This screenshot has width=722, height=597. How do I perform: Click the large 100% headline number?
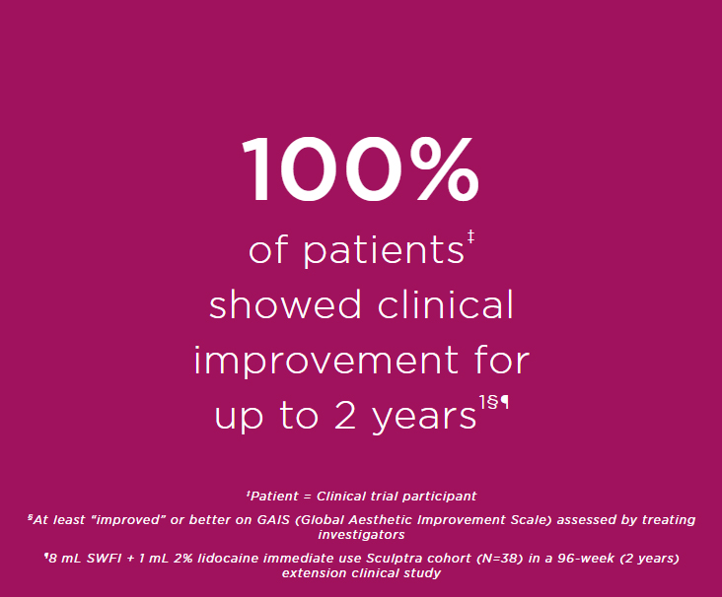(360, 168)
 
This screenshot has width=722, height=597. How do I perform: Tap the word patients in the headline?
(383, 250)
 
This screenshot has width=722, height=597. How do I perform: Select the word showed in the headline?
(285, 304)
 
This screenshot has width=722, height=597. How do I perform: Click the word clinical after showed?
(445, 304)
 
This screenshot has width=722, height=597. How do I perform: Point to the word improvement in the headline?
(326, 362)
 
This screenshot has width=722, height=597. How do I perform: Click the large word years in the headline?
(423, 418)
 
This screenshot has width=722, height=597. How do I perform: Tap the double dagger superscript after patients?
(470, 237)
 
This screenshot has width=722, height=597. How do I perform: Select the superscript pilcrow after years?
(504, 402)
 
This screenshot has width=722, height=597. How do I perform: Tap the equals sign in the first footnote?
(308, 497)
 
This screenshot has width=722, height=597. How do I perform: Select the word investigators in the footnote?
(361, 535)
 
